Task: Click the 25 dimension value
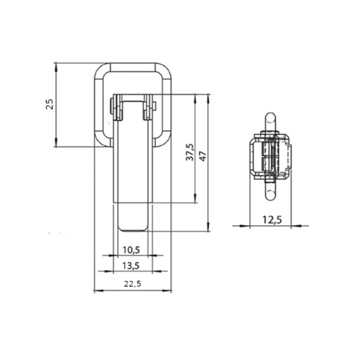coord(50,104)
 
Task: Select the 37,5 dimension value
coord(190,152)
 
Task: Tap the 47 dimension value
coord(203,156)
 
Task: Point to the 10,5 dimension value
coord(131,250)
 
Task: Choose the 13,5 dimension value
coord(131,266)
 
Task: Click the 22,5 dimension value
coord(133,284)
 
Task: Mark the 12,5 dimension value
coord(272,220)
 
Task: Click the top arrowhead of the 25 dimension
coord(56,67)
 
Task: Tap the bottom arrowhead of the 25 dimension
coord(56,143)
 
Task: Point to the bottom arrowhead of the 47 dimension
coord(208,228)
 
